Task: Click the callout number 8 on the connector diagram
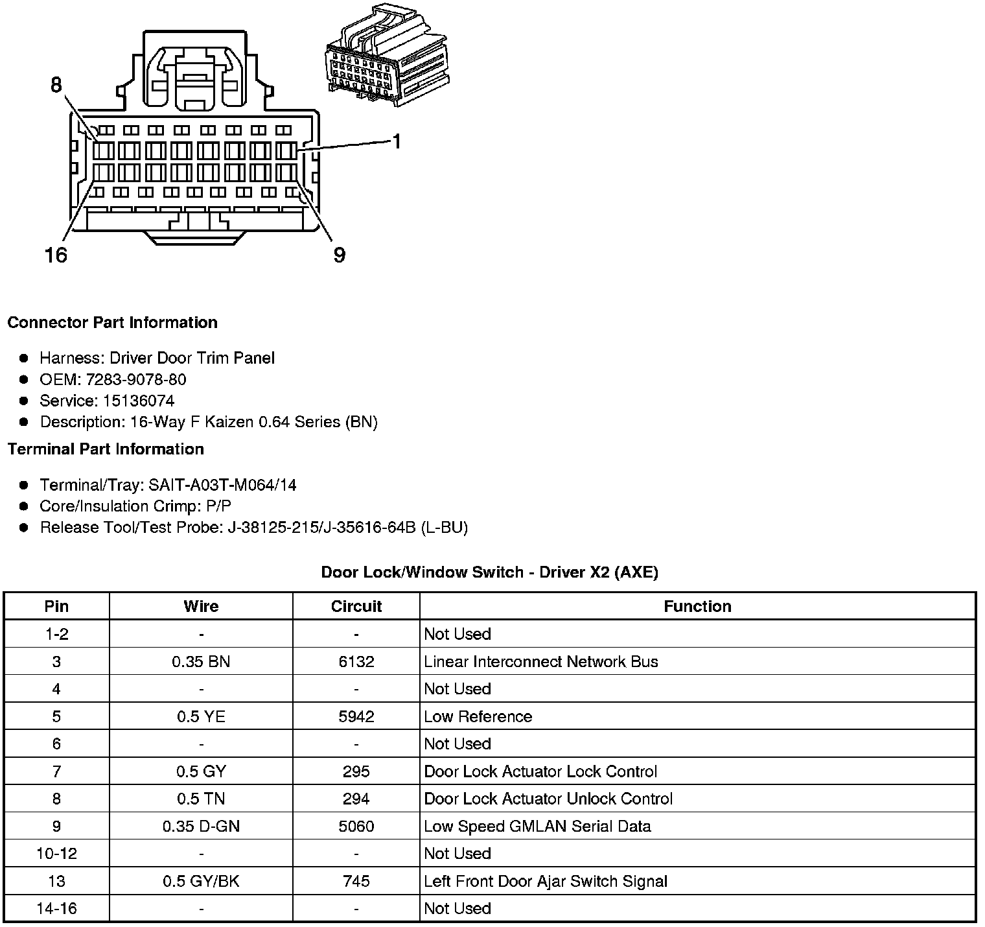pyautogui.click(x=56, y=85)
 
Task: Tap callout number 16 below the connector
pyautogui.click(x=56, y=255)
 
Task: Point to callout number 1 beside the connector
pyautogui.click(x=397, y=141)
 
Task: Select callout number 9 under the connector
pyautogui.click(x=339, y=255)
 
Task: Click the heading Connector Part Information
pyautogui.click(x=112, y=323)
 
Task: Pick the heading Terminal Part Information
pyautogui.click(x=106, y=449)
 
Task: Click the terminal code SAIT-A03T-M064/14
pyautogui.click(x=222, y=485)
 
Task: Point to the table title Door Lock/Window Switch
pyautogui.click(x=489, y=572)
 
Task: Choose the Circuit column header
pyautogui.click(x=356, y=606)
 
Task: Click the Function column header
pyautogui.click(x=697, y=606)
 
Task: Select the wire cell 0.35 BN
pyautogui.click(x=201, y=662)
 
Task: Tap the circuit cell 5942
pyautogui.click(x=356, y=716)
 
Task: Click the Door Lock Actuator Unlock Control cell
pyautogui.click(x=548, y=799)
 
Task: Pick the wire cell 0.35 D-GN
pyautogui.click(x=201, y=827)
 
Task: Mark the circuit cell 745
pyautogui.click(x=356, y=881)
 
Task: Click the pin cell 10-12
pyautogui.click(x=56, y=854)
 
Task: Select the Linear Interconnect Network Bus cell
pyautogui.click(x=541, y=662)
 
